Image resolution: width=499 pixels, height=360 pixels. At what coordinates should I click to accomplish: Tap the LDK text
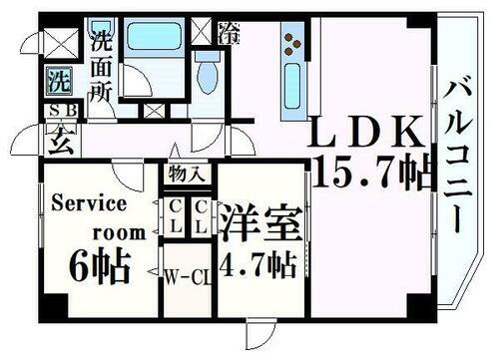coord(369,133)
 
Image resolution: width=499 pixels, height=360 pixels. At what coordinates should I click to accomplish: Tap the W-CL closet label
coord(187,275)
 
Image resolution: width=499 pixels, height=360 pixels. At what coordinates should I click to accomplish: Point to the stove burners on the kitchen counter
coord(293,41)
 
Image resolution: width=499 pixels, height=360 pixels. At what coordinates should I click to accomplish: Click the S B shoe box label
coord(57,112)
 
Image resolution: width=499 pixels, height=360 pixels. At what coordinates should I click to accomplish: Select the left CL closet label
coord(174,217)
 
